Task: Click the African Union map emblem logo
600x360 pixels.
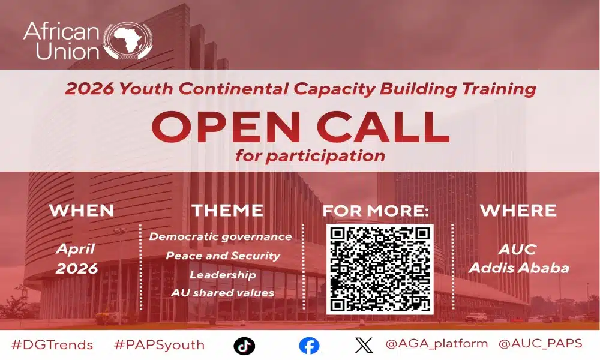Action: point(127,41)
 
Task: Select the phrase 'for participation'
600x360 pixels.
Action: point(310,156)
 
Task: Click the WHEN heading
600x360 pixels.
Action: point(82,211)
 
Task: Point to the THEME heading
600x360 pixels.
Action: point(227,211)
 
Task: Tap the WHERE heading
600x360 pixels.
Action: point(518,211)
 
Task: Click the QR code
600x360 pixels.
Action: point(380,269)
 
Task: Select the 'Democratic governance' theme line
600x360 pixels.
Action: point(220,236)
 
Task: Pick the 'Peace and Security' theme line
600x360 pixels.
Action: point(223,256)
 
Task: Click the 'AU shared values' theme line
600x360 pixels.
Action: point(223,293)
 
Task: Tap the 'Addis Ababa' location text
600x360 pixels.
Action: point(519,268)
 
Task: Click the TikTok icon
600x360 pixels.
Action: point(244,345)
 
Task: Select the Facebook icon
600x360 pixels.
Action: point(309,345)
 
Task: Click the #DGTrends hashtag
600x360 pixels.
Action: point(52,345)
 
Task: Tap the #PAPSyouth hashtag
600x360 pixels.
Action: point(159,345)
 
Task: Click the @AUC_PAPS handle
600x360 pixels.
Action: point(540,344)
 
